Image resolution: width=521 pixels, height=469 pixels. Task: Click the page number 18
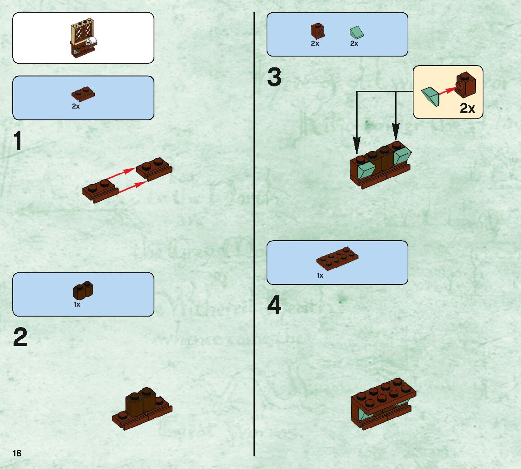17,453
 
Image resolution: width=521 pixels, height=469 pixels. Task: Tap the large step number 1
18,141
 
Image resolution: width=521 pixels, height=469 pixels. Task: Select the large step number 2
20,338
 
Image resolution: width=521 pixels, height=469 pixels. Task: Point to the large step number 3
274,77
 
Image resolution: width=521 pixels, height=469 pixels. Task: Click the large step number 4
274,306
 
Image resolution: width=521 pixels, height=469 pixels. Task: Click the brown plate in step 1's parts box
83,94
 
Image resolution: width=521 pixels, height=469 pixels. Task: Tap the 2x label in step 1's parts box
76,107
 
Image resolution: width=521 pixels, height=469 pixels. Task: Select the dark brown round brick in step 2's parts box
83,290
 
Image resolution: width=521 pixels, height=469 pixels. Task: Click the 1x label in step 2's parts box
77,304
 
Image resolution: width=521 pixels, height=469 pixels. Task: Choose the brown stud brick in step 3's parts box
317,31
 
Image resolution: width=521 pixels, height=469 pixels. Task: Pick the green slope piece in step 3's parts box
357,33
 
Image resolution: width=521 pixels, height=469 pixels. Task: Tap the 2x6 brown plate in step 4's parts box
337,258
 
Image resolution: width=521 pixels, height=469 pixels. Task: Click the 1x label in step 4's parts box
320,275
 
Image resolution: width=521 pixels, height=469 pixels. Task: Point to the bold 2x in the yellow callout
468,109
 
